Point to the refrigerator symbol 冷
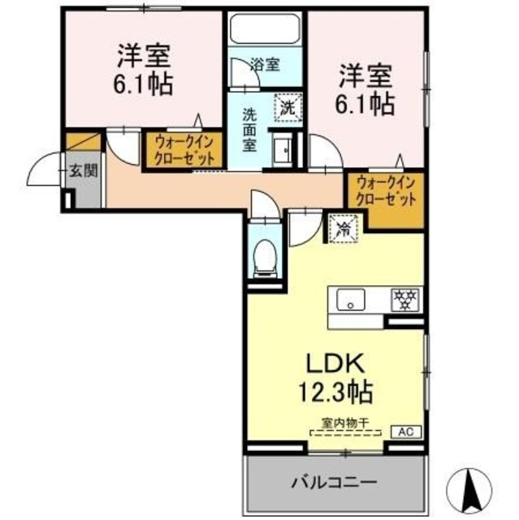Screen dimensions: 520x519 click(x=344, y=228)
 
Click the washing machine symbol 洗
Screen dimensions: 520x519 click(x=288, y=105)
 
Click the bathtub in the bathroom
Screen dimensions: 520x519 click(x=265, y=29)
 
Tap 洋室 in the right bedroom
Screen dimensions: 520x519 click(x=365, y=76)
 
